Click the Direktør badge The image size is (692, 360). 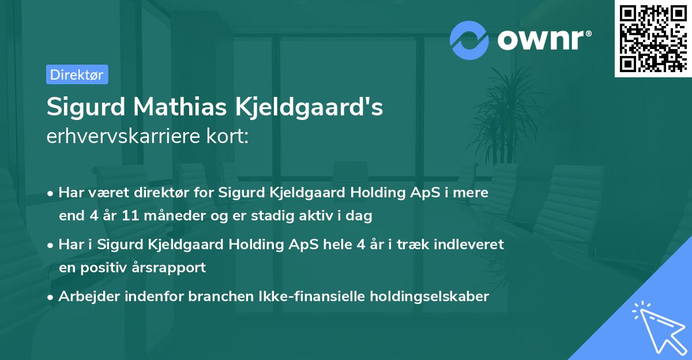(77, 74)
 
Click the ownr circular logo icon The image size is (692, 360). (469, 40)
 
